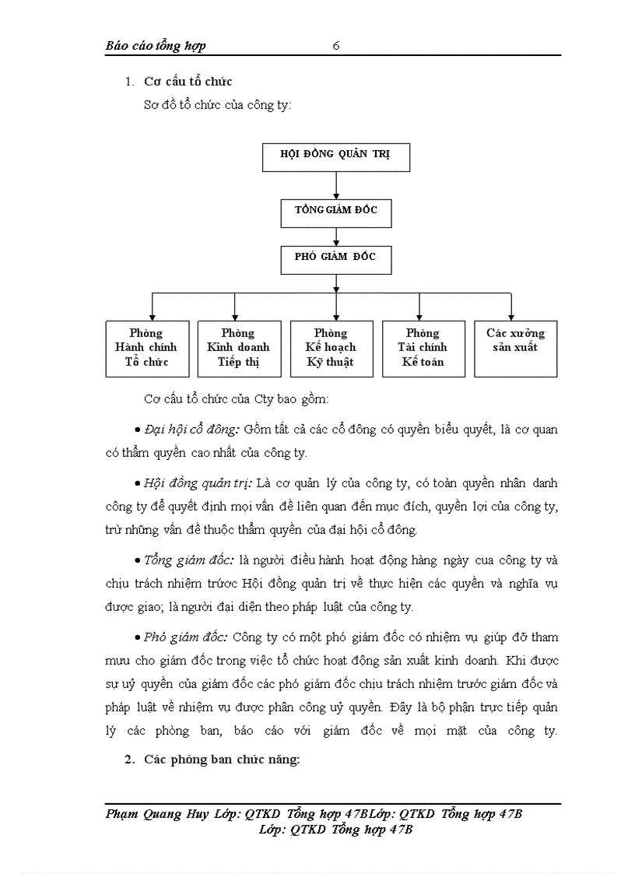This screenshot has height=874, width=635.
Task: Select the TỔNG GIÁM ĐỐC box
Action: click(335, 212)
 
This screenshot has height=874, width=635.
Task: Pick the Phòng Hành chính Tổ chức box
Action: click(146, 348)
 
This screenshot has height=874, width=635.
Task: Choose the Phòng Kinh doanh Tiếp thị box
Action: click(238, 348)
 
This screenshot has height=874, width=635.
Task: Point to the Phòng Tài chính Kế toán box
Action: click(422, 348)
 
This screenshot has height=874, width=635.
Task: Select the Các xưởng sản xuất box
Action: click(515, 348)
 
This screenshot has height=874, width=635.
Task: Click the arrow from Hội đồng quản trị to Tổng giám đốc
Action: click(335, 184)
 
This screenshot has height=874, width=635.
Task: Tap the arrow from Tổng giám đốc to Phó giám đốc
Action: click(335, 237)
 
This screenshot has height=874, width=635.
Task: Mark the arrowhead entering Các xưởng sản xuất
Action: click(511, 314)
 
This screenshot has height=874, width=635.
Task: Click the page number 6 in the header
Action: click(336, 46)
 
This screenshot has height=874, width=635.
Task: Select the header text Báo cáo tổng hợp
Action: click(156, 46)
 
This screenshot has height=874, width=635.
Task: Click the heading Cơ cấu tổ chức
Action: click(188, 82)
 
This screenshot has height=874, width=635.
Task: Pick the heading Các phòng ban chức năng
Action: click(222, 760)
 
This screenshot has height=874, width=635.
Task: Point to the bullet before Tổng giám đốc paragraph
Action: click(138, 561)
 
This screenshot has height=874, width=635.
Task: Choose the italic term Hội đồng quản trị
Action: click(195, 483)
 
